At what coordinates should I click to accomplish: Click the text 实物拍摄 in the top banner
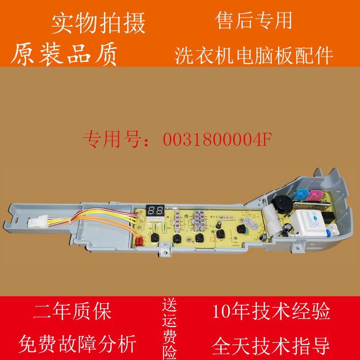pos(99,23)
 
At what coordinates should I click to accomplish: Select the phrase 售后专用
pos(254,21)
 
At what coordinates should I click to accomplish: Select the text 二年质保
pos(72,311)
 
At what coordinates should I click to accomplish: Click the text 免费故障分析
pos(77,345)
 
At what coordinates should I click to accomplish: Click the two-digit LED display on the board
pos(155,210)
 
